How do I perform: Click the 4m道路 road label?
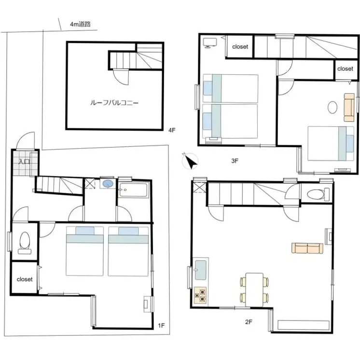[81, 24]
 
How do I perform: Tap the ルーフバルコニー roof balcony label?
[114, 103]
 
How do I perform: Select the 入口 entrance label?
[24, 161]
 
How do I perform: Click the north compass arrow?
[191, 161]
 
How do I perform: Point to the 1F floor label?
[161, 325]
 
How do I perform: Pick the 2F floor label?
[249, 322]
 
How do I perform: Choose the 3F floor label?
[235, 161]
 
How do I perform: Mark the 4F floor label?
[172, 130]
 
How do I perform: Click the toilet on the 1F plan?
[25, 243]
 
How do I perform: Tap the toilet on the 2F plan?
[318, 194]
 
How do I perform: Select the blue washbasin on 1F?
[108, 184]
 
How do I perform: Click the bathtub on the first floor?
[133, 190]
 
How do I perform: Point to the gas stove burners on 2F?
[200, 295]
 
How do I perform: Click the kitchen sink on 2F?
[200, 270]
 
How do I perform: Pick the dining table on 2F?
[254, 290]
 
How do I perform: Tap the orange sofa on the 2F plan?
[307, 248]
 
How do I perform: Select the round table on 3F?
[332, 107]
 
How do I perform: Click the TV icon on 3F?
[210, 43]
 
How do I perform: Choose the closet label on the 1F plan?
[25, 279]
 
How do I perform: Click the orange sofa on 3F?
[349, 107]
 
